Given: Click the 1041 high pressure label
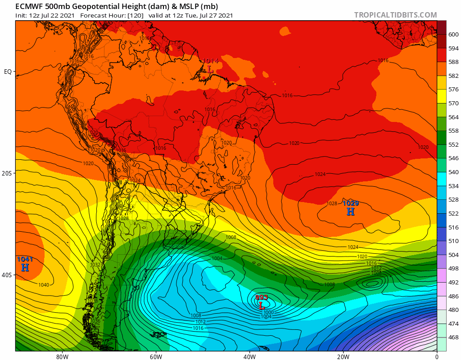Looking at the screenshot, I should pos(25,259).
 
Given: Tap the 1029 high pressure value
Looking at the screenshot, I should pos(351,203).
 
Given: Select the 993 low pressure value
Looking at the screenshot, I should pos(262,297).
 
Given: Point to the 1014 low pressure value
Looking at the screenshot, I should pos(210,61).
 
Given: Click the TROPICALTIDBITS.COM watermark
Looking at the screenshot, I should pos(395,15).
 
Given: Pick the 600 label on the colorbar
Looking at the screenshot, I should pos(453,34).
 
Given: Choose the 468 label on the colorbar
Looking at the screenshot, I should pos(453,337).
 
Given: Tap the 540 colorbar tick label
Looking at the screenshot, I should pos(453,172).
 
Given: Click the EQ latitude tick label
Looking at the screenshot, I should pos(8,72).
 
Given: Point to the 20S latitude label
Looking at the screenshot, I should pos(8,173).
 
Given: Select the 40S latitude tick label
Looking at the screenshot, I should pos(8,275).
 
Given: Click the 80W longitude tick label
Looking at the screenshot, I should pos(62,356).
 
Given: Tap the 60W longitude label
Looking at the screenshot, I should pos(156,356).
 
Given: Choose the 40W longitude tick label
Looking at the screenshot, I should pos(249,356).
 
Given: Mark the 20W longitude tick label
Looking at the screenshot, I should pos(343,356).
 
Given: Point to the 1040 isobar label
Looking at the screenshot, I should pos(44,285).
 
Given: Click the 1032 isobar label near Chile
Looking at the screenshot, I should pos(95,265).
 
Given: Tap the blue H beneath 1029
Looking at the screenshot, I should pos(351,211).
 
